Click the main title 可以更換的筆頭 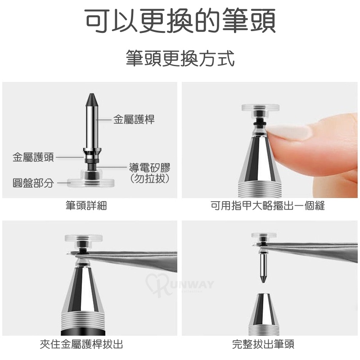tap(180, 21)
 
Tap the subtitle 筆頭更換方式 tap(180, 58)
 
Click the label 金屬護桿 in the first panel tap(134, 120)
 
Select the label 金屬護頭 tap(33, 157)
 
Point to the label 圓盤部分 tap(33, 183)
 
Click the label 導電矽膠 tap(150, 167)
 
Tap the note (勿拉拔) tap(150, 178)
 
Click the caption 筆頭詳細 tap(86, 205)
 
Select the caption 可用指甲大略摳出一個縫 tap(268, 205)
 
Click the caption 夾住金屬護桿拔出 tap(81, 344)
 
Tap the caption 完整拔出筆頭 tap(263, 344)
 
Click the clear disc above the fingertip tap(261, 108)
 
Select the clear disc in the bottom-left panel tap(84, 239)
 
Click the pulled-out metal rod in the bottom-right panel tap(263, 267)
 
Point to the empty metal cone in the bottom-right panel tap(263, 314)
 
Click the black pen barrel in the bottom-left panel tap(84, 333)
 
